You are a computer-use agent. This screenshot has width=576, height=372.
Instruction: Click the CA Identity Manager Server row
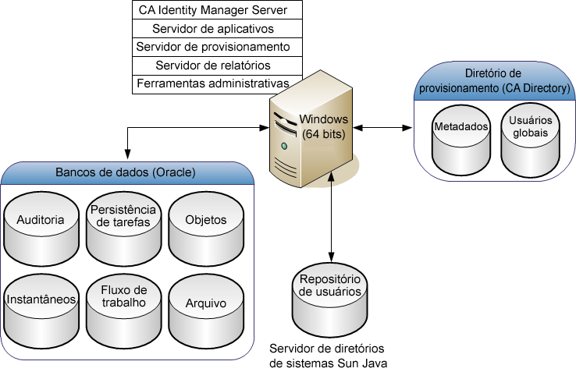click(218, 11)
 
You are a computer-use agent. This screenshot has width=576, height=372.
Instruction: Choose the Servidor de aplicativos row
click(218, 29)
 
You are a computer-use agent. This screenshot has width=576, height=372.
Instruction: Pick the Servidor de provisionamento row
click(218, 47)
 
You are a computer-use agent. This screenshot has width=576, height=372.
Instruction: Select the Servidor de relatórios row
click(218, 65)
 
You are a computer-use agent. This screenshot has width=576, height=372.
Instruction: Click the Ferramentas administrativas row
click(218, 83)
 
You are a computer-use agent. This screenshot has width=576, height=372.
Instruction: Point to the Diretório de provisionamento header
click(493, 81)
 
